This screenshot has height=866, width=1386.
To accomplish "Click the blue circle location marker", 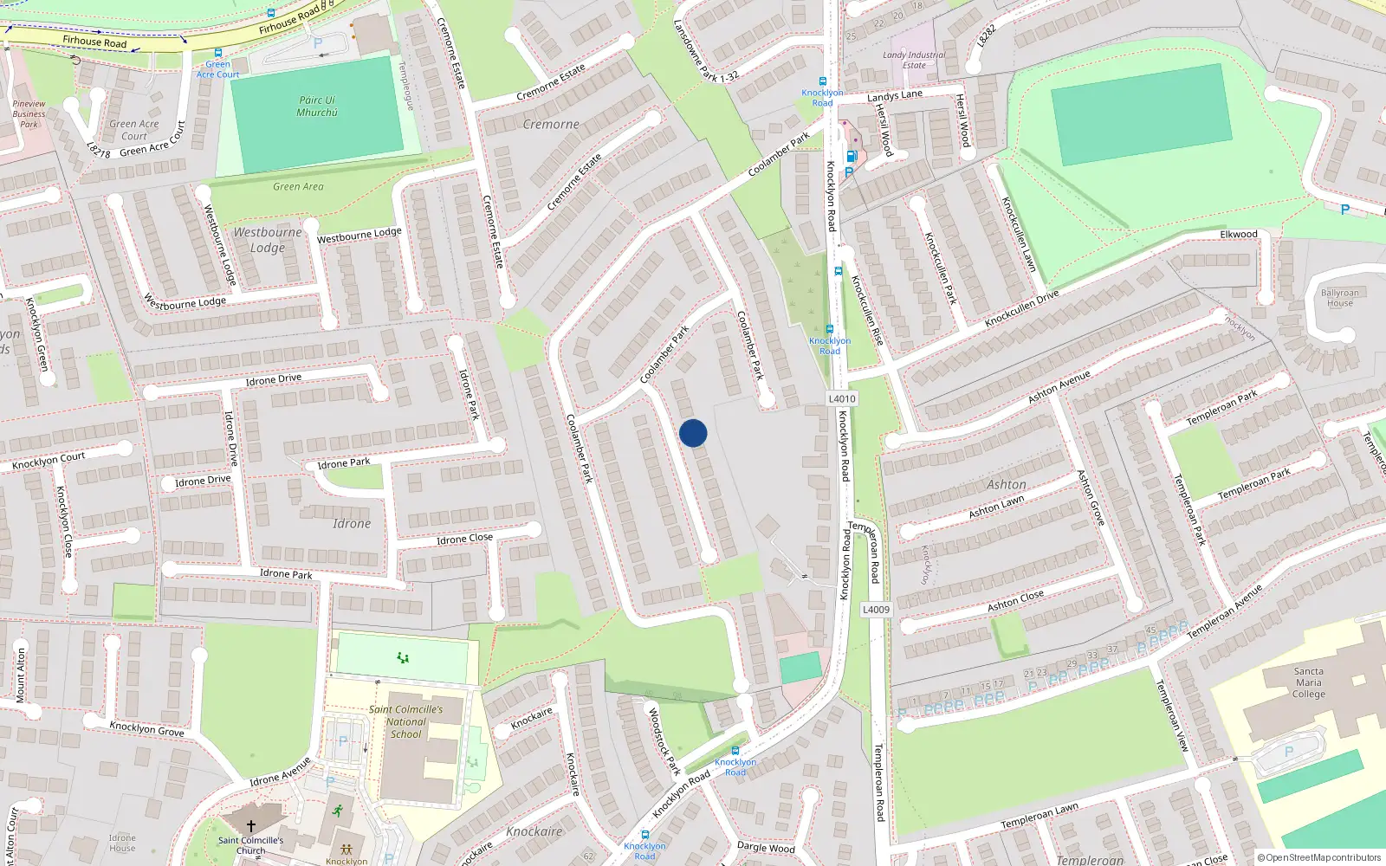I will (693, 433).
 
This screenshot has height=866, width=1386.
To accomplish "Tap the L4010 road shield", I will (841, 398).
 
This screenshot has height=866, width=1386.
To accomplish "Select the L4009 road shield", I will (876, 609).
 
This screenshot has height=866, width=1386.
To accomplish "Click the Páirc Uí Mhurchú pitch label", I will (317, 107).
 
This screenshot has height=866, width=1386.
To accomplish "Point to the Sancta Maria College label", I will (1308, 682).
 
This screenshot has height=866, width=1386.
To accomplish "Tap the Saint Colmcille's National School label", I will (405, 721).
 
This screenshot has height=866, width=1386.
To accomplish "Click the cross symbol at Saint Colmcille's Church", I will (251, 826).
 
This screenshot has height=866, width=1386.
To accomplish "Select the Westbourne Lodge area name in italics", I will (268, 240).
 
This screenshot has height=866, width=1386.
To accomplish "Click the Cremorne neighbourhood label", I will (551, 124).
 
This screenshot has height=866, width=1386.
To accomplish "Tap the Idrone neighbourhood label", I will (352, 523).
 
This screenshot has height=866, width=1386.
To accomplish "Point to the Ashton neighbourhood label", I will (1007, 484).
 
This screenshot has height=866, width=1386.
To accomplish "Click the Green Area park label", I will (298, 186).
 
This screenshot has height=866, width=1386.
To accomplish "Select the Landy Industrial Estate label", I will (914, 60).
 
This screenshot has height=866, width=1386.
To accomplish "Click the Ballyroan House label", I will (1339, 298).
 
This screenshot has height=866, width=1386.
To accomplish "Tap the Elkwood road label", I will (1239, 234).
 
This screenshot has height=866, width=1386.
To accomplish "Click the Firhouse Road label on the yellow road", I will (94, 41).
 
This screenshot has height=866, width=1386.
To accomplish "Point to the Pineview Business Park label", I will (29, 113).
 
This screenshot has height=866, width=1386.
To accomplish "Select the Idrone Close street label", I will (464, 539).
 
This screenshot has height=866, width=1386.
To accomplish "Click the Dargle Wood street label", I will (766, 847).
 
